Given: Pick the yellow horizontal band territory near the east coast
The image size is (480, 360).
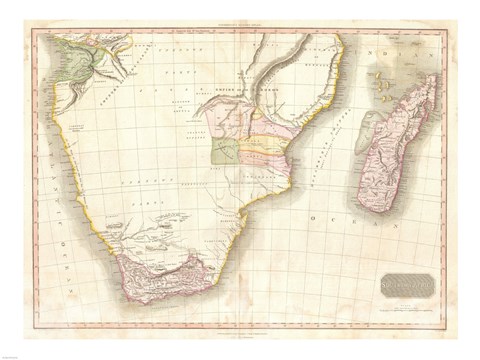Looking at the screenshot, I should pos(266,151).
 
